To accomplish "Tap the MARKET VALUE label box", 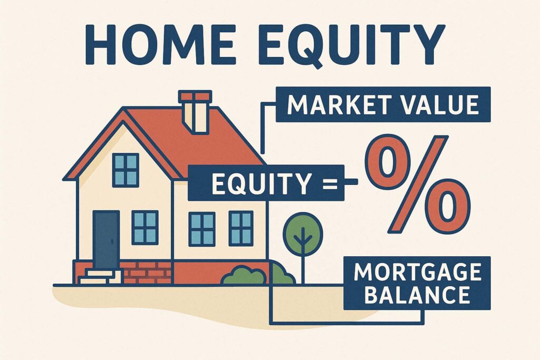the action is coord(383,104).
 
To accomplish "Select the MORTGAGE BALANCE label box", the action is coord(417,283).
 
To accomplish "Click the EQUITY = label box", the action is coord(266,183).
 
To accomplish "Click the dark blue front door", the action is coord(106,240).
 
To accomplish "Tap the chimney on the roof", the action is coord(195,112).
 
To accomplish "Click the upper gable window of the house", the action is coord(126,170).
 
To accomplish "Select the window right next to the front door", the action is coord(145,228).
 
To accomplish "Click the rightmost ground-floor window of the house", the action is coord(241,229).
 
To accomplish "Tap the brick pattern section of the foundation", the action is coord(147,273).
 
